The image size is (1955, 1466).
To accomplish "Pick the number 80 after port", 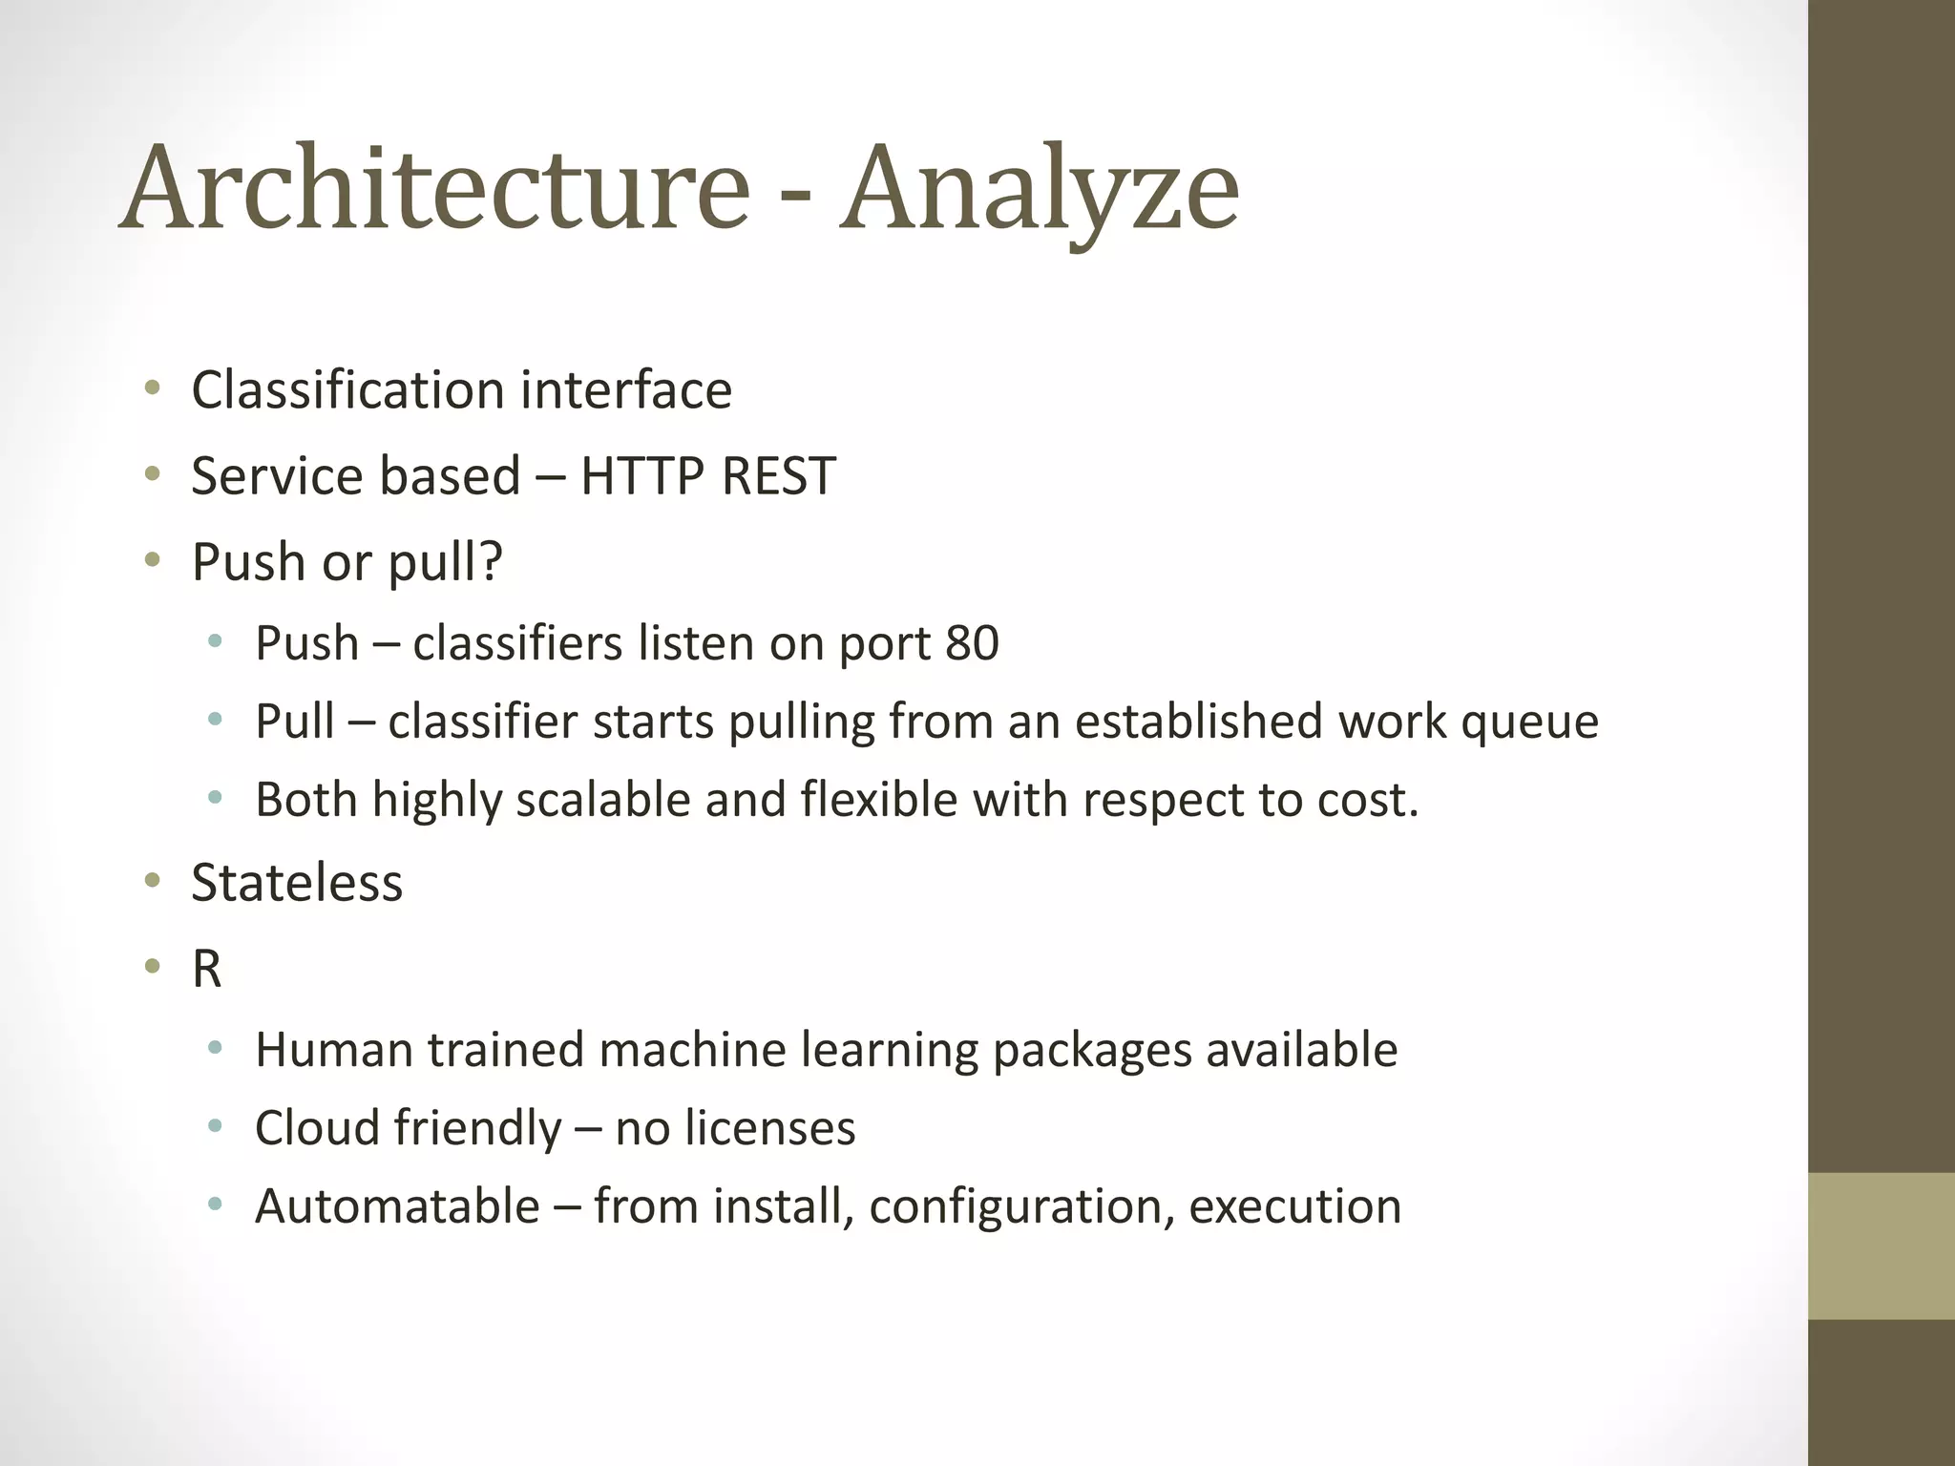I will tap(972, 643).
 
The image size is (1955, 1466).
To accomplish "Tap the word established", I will tap(1198, 722).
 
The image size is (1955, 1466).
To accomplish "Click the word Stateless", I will tap(297, 883).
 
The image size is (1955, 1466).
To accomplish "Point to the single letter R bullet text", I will tap(206, 969).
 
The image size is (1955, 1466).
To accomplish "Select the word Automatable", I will tap(397, 1206).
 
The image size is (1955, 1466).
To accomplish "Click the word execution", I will tap(1294, 1206).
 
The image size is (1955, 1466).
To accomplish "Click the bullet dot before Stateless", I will tap(153, 882).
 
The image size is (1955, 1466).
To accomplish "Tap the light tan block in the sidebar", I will tap(1881, 1246).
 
